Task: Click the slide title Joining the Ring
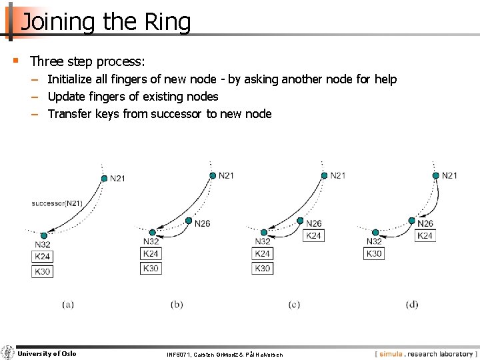tap(105, 22)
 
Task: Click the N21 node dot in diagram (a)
tap(104, 178)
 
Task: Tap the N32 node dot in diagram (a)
tap(43, 235)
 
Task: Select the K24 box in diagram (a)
tap(42, 257)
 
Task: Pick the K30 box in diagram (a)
tap(42, 271)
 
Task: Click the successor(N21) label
tap(57, 203)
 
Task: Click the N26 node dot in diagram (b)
tap(189, 221)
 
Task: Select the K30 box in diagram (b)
tap(151, 268)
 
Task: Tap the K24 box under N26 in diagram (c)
tap(314, 235)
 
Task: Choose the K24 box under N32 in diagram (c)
tap(263, 253)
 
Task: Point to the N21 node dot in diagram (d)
tap(435, 175)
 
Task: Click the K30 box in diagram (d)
tap(374, 253)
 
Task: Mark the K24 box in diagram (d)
tap(425, 235)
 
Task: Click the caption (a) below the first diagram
tap(68, 304)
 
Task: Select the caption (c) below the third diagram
tap(294, 304)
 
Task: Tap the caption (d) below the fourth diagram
tap(412, 304)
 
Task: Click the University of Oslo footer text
tap(47, 353)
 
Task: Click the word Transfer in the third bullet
tap(69, 114)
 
